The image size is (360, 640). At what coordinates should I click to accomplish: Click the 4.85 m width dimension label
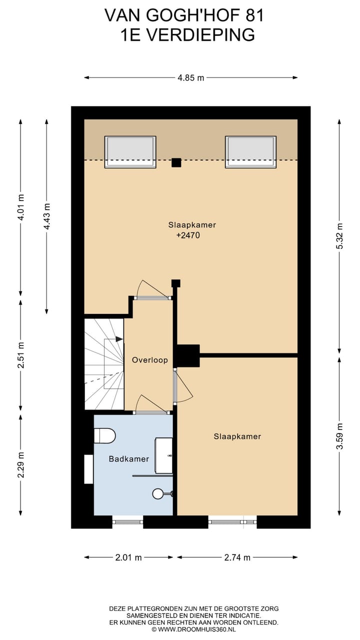point(191,77)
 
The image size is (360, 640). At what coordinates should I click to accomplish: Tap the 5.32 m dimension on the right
point(339,236)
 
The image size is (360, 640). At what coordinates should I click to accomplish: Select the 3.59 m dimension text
point(339,436)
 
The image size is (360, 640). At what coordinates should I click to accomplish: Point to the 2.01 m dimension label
point(128,557)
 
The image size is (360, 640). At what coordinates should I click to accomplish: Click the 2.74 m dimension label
point(237,557)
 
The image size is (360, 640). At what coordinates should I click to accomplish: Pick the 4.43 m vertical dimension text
point(47,216)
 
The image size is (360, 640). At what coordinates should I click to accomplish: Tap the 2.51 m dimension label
point(20,355)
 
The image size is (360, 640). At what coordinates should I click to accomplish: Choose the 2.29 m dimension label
point(20,465)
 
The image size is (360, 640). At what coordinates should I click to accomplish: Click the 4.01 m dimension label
point(20,207)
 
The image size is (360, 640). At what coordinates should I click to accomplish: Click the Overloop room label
point(149,360)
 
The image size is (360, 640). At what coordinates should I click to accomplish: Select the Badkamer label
point(129,459)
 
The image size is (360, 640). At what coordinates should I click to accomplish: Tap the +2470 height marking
point(188,235)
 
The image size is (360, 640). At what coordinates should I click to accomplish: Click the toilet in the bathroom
point(104,435)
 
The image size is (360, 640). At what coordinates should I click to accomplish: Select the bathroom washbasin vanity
point(163,455)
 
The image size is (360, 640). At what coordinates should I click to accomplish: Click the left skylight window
point(130,152)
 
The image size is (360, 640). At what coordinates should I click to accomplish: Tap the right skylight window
point(251,152)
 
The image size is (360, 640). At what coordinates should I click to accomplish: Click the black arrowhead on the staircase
point(119,339)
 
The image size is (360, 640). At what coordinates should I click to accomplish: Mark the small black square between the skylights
point(176,162)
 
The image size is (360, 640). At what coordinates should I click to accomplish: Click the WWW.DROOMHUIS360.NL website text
point(197,629)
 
